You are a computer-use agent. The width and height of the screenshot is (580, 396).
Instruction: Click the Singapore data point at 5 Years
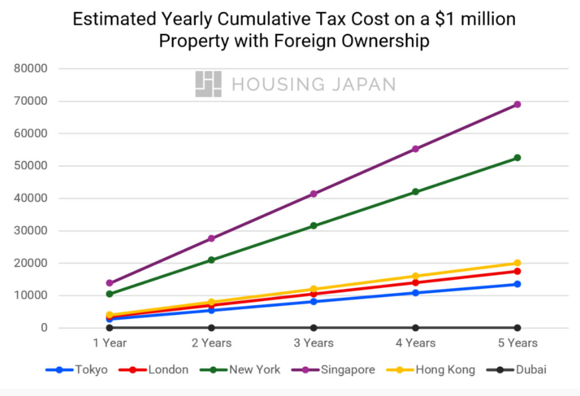pos(517,104)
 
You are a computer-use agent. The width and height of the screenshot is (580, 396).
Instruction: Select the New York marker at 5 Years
pos(517,158)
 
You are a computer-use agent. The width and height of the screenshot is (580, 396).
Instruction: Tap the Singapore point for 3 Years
pos(314,194)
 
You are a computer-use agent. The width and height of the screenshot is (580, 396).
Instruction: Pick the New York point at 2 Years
pos(211,260)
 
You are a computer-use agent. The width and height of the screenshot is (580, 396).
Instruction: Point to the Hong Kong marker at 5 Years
pos(517,263)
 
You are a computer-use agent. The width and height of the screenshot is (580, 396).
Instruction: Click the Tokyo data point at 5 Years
pos(517,284)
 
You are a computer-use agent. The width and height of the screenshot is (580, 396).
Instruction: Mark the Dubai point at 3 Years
pos(314,328)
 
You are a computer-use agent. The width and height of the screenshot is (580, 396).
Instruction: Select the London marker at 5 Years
pos(517,271)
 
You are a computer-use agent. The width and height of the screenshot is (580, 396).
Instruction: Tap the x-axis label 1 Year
pos(109,343)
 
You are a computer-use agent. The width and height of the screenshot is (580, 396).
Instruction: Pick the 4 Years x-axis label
pos(415,343)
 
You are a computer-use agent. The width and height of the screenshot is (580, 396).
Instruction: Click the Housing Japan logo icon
pos(208,84)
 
